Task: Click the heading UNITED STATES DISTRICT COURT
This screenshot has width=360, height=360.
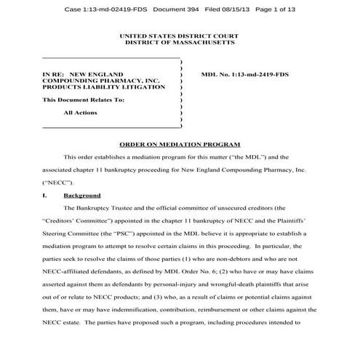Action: [180, 36]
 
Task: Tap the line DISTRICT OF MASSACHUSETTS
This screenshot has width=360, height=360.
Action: [180, 43]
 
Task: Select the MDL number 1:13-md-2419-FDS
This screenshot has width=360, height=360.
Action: [244, 75]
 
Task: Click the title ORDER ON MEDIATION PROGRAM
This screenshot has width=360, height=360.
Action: [179, 145]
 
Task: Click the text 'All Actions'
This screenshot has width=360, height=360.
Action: [80, 113]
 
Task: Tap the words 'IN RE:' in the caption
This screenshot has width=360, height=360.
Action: [55, 75]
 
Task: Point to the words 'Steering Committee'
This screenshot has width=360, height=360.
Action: [72, 235]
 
